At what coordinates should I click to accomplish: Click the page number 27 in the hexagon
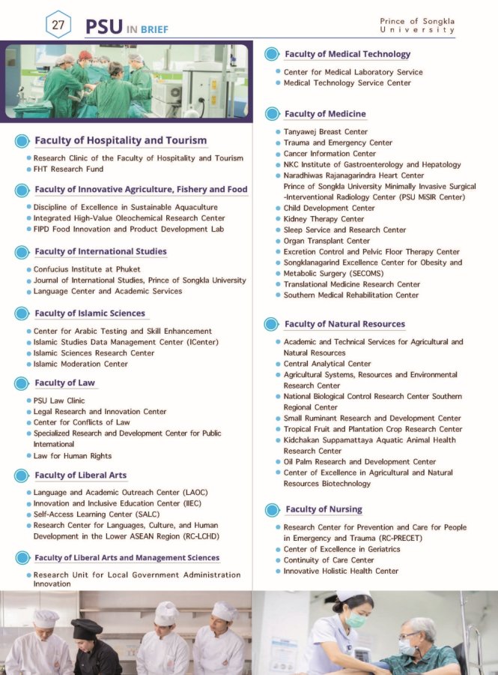58,24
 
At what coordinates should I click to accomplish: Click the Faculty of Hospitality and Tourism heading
121,140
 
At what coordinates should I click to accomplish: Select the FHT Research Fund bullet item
68,169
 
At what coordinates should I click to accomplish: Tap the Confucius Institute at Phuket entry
87,269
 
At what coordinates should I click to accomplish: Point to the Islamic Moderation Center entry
80,364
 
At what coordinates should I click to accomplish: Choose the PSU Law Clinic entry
59,400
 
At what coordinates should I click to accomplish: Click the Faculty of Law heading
65,383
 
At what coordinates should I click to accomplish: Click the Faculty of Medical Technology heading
347,54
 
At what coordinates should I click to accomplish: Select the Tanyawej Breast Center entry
326,132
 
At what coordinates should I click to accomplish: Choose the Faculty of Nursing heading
324,509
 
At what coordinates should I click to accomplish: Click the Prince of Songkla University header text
417,25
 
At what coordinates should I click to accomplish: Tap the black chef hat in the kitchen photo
86,628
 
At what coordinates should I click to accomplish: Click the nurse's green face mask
355,620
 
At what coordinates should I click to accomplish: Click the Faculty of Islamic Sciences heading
90,313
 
